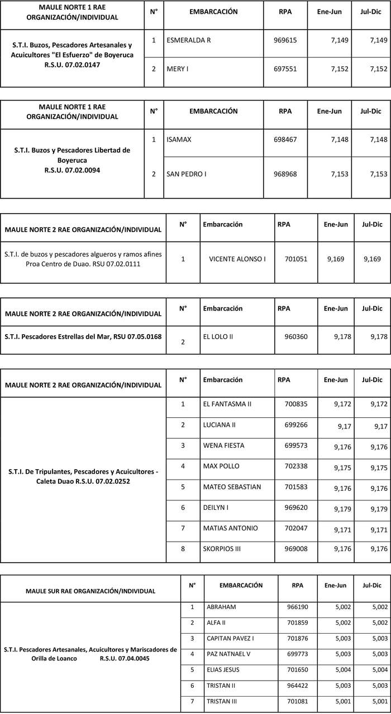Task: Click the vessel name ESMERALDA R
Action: (189, 41)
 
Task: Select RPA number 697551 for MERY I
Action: (285, 69)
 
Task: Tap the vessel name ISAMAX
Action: (179, 139)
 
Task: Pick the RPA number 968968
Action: (285, 174)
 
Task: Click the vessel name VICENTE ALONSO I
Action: (237, 259)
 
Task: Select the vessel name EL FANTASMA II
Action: (227, 404)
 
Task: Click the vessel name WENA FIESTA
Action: (224, 446)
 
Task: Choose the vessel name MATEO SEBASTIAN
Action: (232, 487)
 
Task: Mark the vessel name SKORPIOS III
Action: (222, 549)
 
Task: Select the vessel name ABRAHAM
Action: (221, 607)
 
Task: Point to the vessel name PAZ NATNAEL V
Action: (228, 654)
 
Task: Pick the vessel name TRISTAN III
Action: (222, 701)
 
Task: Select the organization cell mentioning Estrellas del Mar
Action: (83, 337)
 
